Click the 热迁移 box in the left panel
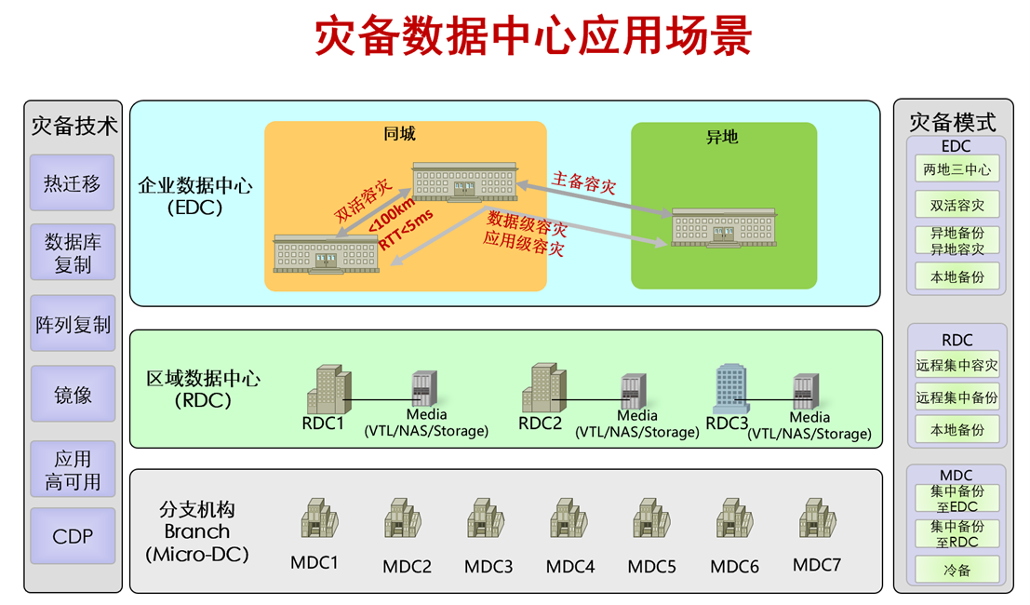(73, 182)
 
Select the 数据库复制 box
(73, 252)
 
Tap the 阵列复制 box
(73, 324)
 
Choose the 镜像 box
(73, 394)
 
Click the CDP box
(73, 536)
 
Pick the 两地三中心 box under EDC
(956, 169)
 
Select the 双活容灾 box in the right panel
(956, 205)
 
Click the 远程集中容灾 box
(956, 366)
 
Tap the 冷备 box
(956, 570)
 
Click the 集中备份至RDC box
(956, 533)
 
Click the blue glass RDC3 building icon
(731, 389)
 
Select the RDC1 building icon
(328, 389)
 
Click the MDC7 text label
(817, 564)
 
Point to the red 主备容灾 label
(584, 181)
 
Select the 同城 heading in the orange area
(400, 134)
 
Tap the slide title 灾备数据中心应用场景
(533, 38)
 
